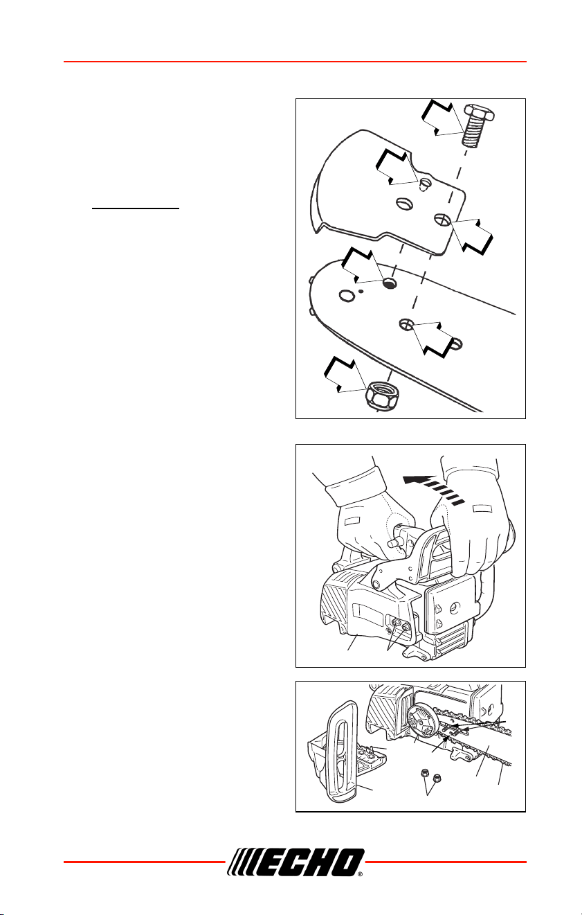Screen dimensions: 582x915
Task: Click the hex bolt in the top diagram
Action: pyautogui.click(x=478, y=126)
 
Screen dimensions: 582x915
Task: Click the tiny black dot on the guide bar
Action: pyautogui.click(x=361, y=291)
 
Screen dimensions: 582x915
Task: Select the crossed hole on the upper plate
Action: pyautogui.click(x=442, y=220)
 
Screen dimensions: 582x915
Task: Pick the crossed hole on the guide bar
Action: pyautogui.click(x=406, y=324)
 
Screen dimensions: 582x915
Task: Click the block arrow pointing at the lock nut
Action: pyautogui.click(x=346, y=374)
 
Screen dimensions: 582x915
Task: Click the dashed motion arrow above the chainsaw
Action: pyautogui.click(x=433, y=488)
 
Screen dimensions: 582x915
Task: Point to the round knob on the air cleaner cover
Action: pyautogui.click(x=454, y=620)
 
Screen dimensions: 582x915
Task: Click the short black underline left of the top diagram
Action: pyautogui.click(x=136, y=208)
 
